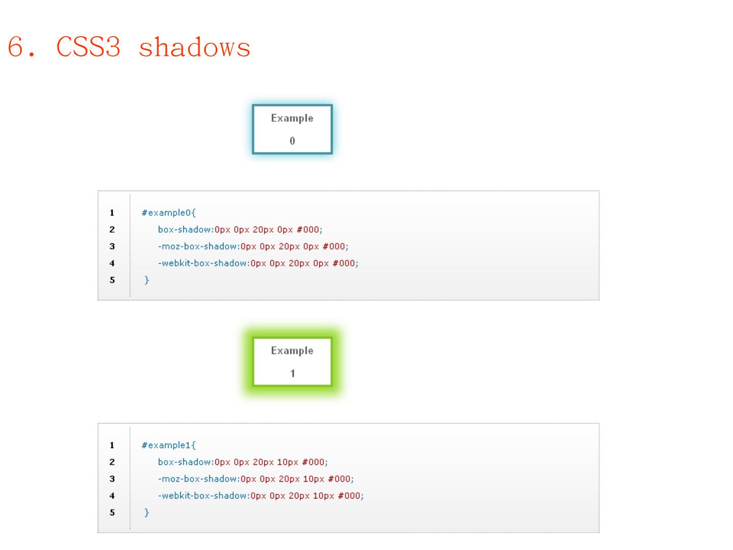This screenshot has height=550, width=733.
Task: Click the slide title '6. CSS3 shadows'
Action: [129, 48]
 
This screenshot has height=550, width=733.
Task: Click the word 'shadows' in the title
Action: [194, 48]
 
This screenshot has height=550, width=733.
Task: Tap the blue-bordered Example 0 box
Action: [292, 129]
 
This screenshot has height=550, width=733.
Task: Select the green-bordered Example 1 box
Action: [292, 362]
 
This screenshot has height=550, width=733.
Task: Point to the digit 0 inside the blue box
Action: [292, 141]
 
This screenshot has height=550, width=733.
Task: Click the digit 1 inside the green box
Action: [292, 373]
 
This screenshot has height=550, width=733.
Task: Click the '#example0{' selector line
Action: [168, 213]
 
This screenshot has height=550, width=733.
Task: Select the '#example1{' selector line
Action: [168, 446]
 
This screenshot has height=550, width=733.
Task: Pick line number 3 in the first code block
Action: [112, 246]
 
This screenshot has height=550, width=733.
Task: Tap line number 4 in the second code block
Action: [112, 496]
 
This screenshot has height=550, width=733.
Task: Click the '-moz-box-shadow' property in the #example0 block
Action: [198, 246]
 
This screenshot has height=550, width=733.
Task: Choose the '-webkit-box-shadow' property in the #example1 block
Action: [203, 496]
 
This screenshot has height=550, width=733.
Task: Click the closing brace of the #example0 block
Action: [147, 280]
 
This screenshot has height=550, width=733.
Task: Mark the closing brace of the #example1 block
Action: [147, 512]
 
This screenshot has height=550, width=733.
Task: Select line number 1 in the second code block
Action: [112, 446]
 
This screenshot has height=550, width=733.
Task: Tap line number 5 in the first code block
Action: [112, 280]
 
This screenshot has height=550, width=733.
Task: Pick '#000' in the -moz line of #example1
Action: [339, 479]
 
